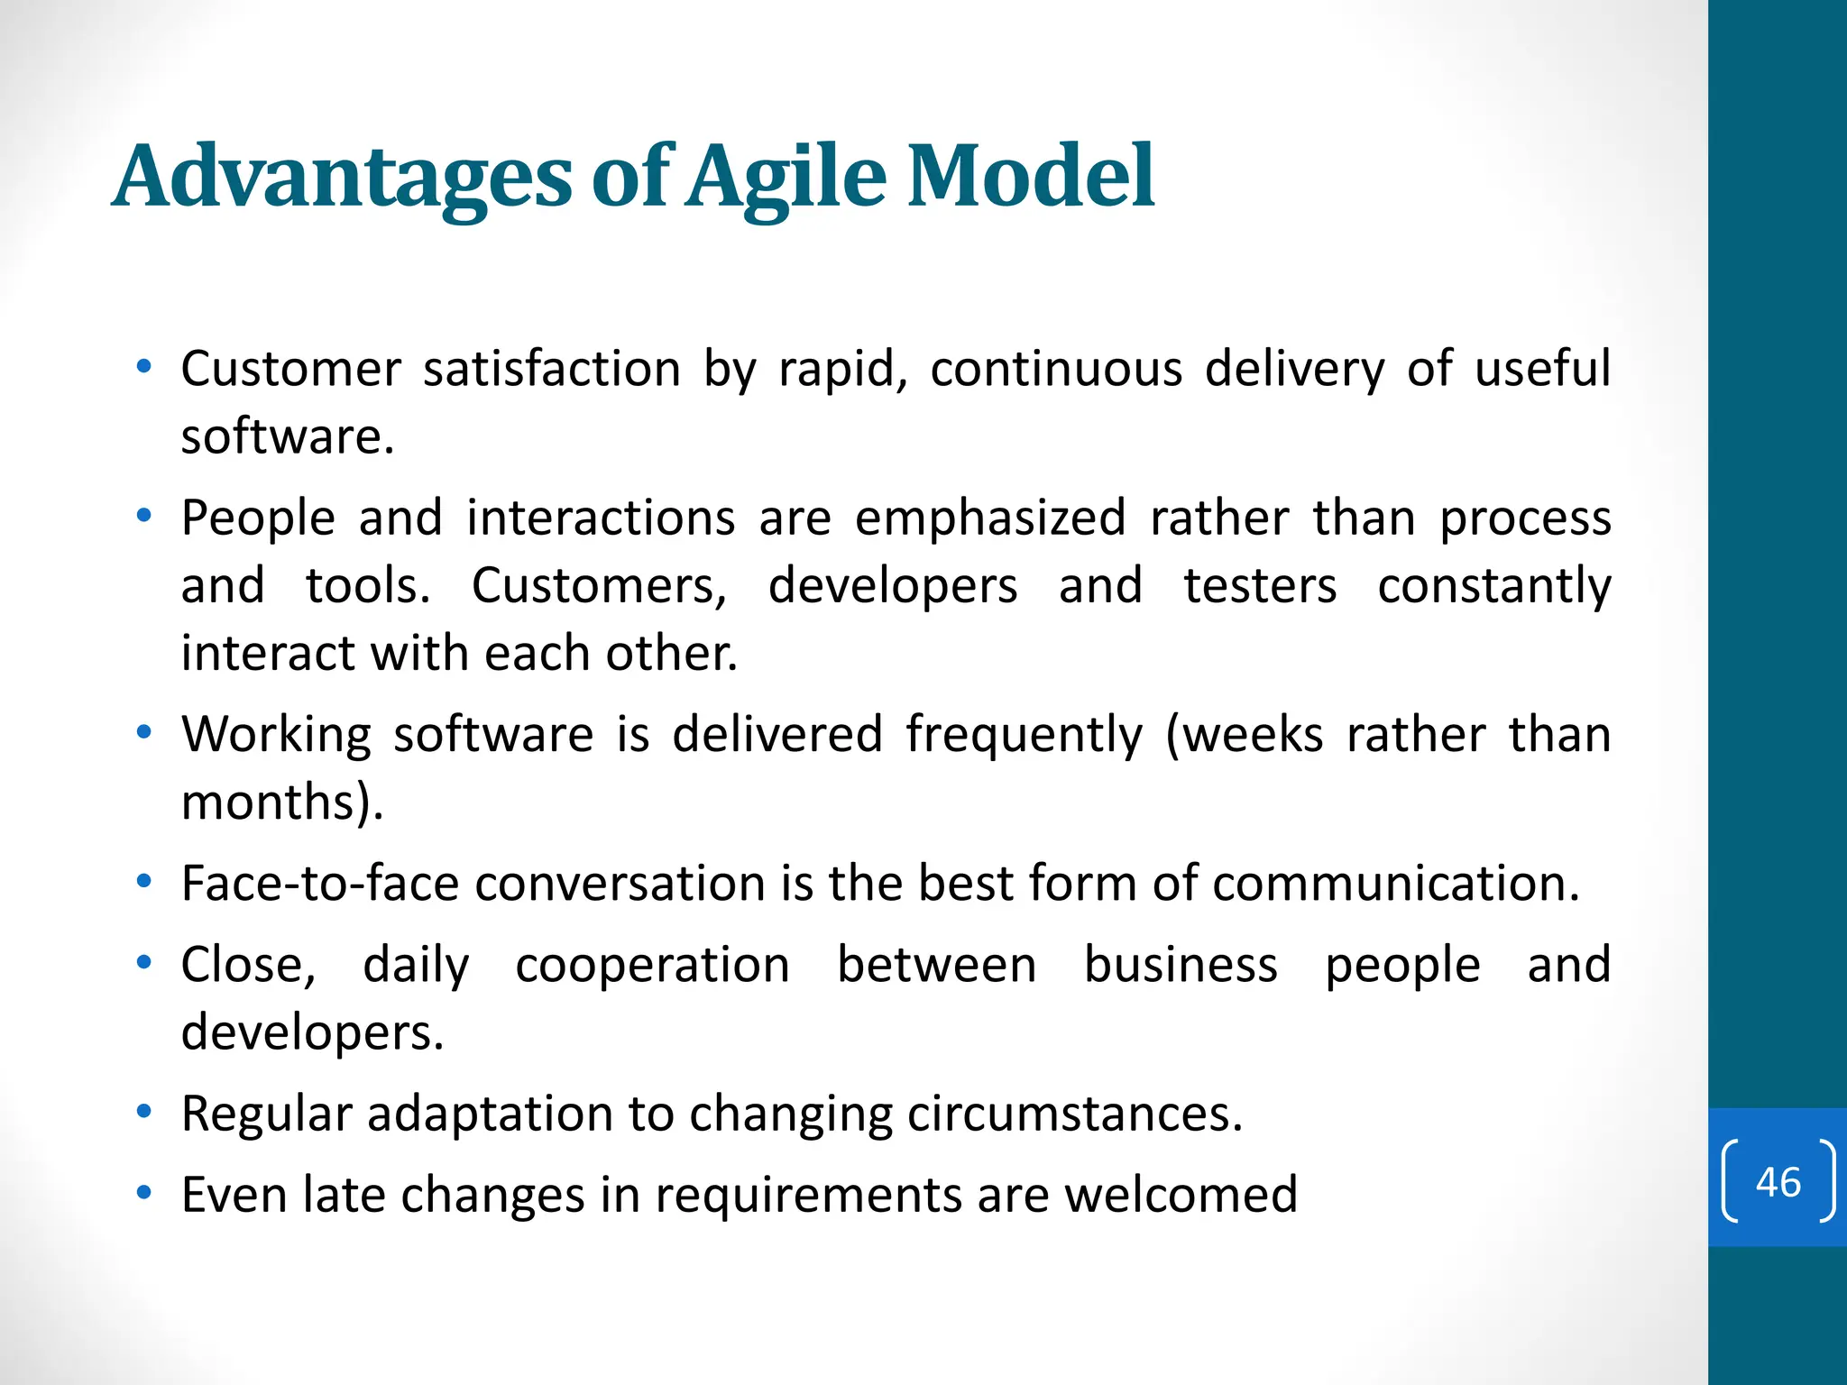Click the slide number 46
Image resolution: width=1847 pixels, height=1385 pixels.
pos(1778,1182)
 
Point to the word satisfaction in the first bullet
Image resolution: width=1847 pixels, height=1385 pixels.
pos(551,370)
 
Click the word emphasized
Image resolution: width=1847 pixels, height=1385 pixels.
pos(989,518)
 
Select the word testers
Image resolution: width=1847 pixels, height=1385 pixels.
pos(1260,586)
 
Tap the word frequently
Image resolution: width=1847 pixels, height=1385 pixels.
pos(1025,735)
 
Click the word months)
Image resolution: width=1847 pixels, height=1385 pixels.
pos(282,803)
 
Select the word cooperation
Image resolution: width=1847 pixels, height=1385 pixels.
pos(653,966)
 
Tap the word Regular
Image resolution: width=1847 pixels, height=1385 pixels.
pos(266,1114)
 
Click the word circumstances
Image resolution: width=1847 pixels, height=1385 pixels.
pos(1074,1114)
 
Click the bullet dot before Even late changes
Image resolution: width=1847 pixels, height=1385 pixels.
pos(143,1194)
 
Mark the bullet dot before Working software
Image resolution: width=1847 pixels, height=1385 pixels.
pos(143,733)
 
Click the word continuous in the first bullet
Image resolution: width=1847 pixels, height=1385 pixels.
pos(1056,370)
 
